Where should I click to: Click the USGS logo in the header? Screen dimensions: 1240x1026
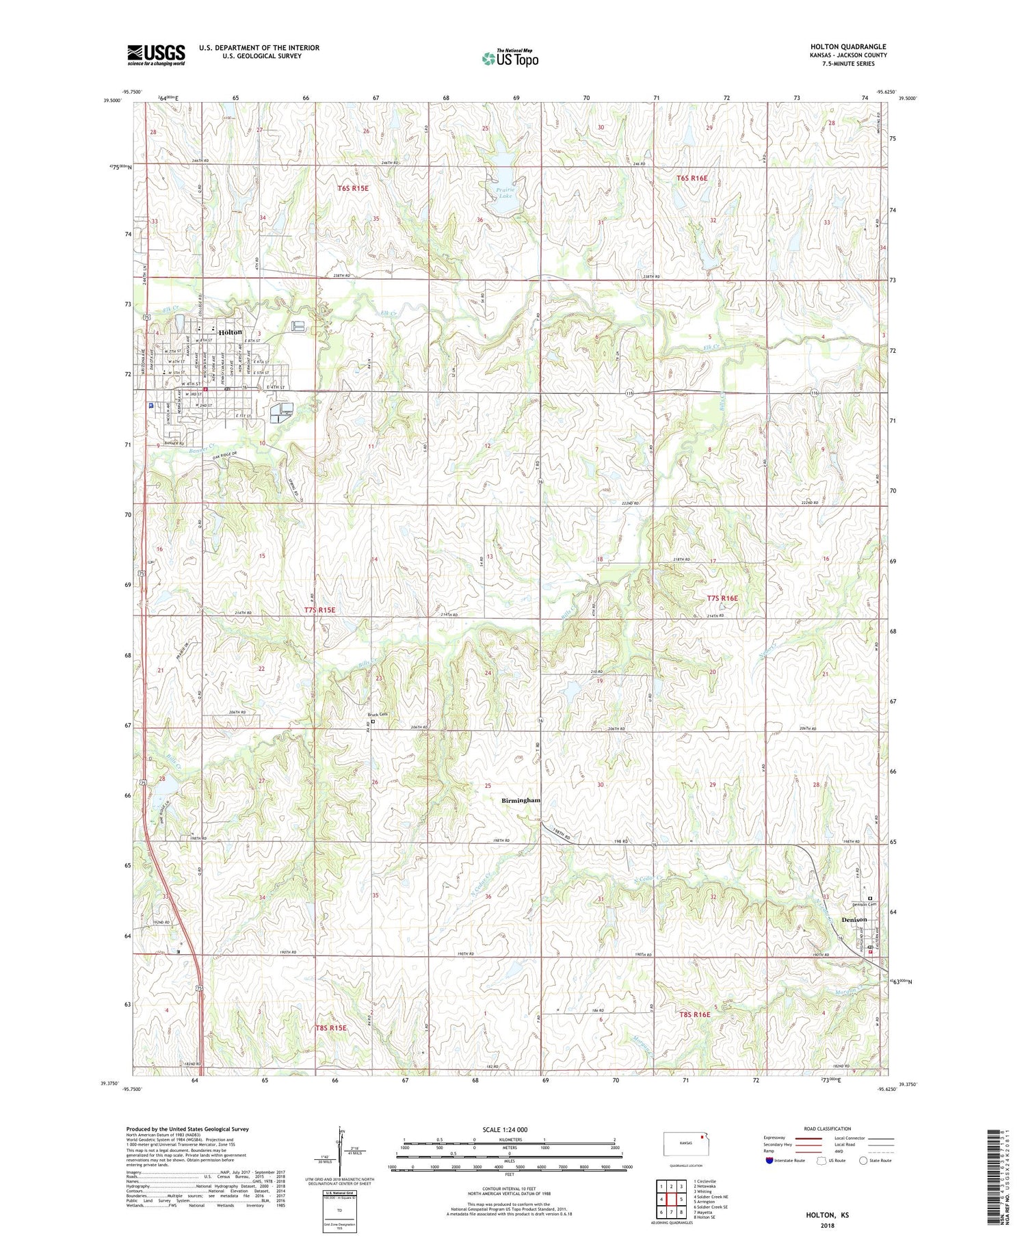point(156,55)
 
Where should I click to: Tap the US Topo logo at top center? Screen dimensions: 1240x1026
point(510,58)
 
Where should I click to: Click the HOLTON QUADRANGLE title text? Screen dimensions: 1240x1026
point(847,47)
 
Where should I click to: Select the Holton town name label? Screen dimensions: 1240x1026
point(231,332)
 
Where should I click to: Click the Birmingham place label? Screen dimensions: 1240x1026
point(521,800)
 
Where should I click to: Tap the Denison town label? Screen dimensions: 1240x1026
point(854,919)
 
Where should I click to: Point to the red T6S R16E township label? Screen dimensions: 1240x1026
point(692,178)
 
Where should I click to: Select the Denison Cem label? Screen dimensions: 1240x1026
point(863,904)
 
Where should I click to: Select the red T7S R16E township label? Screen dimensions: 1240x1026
point(722,598)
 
